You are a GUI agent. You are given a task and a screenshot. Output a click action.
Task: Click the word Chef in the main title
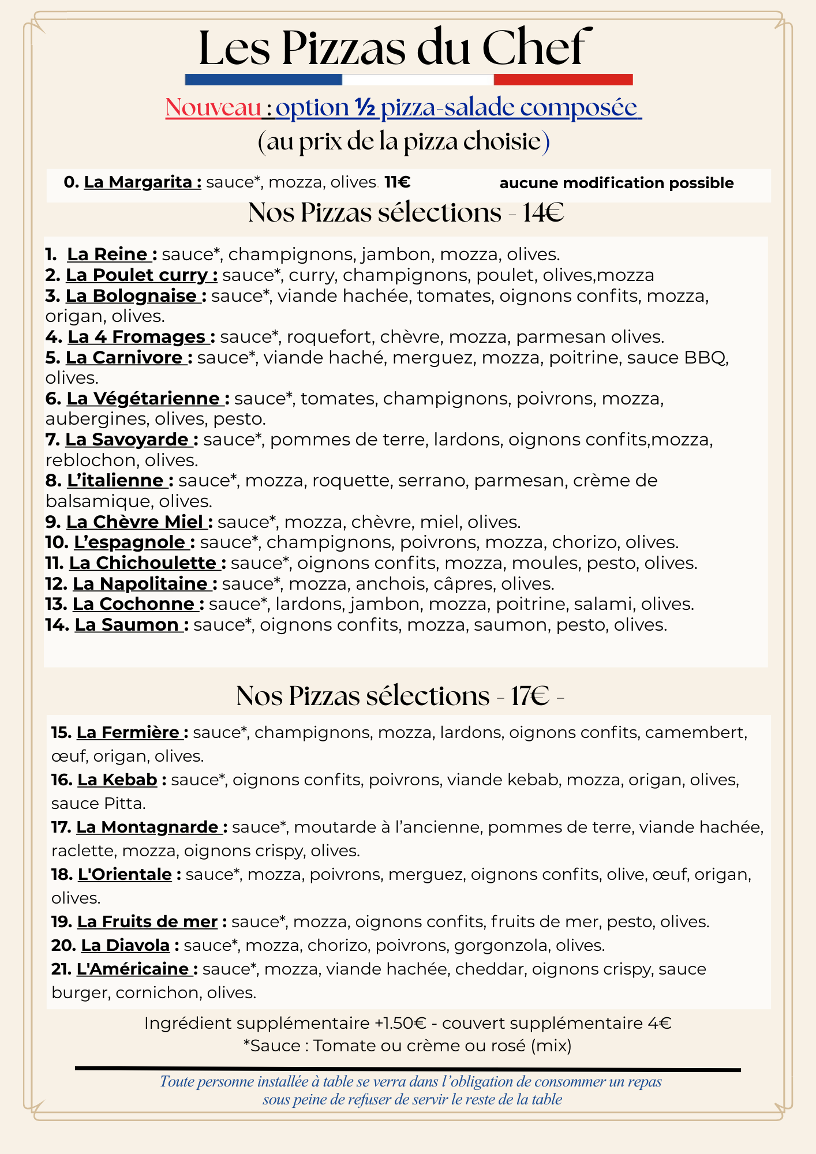point(534,48)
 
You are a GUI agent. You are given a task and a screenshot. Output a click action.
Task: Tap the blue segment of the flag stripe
point(263,80)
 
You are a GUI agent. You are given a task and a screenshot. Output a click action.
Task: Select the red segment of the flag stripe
point(563,80)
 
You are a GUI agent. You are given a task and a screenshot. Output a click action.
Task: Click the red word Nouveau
point(213,108)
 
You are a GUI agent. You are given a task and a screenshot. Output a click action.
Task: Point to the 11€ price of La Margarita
point(397,182)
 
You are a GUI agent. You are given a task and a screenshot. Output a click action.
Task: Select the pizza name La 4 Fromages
point(137,337)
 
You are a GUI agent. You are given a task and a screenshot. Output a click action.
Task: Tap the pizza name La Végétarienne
point(143,399)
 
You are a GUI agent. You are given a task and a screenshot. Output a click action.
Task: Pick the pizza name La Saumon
point(126,625)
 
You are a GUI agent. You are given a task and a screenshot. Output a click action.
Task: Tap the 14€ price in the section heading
point(543,213)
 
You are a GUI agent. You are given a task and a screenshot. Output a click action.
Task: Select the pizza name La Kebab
point(117,780)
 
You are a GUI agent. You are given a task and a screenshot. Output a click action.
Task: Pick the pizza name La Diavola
point(125,946)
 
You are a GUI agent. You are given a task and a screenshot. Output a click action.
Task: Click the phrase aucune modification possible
point(616,183)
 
